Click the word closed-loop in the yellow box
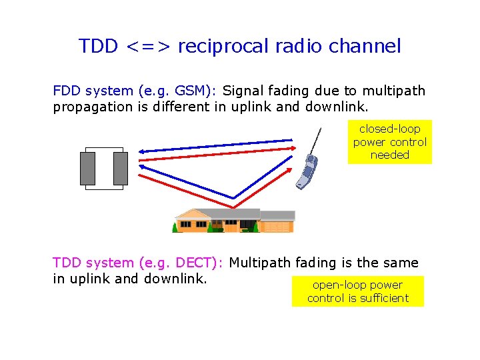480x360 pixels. coord(389,129)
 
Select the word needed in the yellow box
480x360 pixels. coord(389,155)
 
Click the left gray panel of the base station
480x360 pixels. coord(87,169)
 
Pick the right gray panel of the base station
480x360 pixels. coord(120,169)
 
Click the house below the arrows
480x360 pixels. coord(233,220)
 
